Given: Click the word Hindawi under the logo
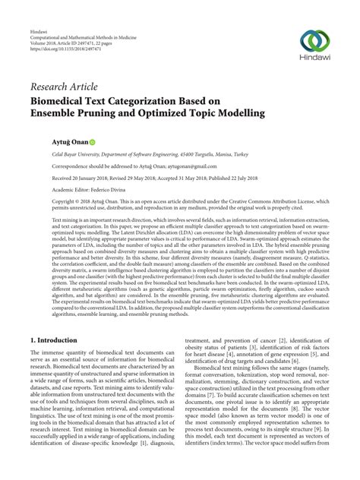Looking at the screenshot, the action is (314, 57).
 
